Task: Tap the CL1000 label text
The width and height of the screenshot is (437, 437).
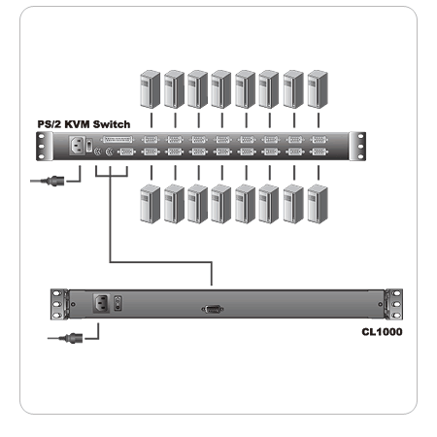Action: pos(383,331)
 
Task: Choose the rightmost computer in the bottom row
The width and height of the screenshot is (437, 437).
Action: pos(316,205)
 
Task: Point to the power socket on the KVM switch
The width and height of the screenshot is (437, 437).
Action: pos(75,147)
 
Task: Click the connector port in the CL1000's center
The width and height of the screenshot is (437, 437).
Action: pos(211,308)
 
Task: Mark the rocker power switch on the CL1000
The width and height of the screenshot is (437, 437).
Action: pos(119,302)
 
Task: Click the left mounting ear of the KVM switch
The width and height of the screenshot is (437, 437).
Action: pos(41,146)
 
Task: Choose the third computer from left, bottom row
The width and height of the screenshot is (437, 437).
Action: pos(197,205)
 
